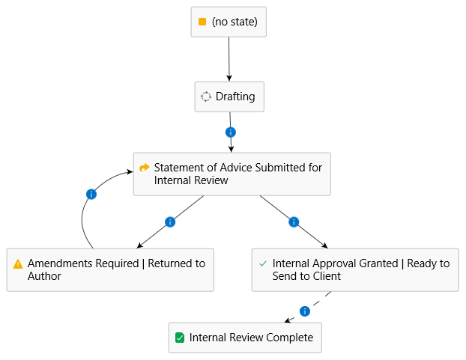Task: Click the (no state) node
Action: coord(229,22)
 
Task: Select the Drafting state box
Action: coord(229,97)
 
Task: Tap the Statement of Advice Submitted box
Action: coord(232,174)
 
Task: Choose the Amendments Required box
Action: coord(110,269)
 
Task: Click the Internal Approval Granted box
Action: coord(354,269)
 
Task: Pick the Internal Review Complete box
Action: coord(245,338)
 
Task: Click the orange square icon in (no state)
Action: coord(202,22)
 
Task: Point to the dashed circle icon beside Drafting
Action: coord(206,97)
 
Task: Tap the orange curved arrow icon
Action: coord(145,168)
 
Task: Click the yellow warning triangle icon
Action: coord(18,264)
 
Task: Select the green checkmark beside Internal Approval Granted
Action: coord(262,263)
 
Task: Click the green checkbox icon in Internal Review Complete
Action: coord(180,338)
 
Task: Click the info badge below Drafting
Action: coord(231,132)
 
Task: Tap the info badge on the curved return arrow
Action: coord(91,194)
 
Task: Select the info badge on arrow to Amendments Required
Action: coord(169,222)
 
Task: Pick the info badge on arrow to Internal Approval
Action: coord(294,222)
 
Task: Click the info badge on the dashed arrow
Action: coord(304,311)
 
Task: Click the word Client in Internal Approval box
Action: coord(326,276)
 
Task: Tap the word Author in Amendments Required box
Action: coord(45,276)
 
